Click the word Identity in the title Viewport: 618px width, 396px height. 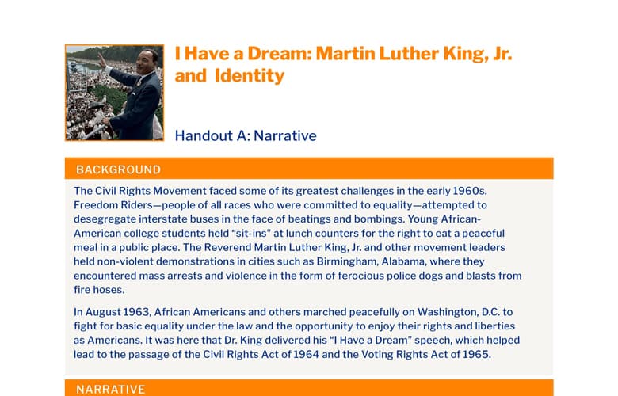(249, 76)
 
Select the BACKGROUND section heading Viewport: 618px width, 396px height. (118, 169)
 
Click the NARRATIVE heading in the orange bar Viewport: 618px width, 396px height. (110, 390)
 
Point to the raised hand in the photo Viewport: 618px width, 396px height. (102, 60)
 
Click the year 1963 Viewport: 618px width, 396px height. (137, 313)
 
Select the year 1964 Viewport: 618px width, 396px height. (306, 355)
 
